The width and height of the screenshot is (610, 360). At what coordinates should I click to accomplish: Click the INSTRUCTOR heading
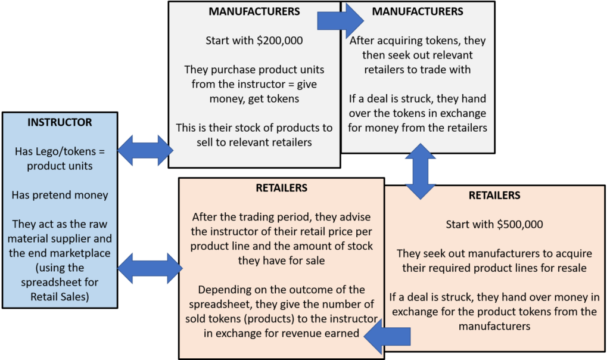pos(60,122)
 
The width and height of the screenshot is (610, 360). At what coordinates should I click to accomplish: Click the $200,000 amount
pos(280,41)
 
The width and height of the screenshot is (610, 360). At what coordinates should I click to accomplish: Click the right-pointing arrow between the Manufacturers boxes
pos(340,21)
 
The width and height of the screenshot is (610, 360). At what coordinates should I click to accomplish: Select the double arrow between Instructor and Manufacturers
pos(145,150)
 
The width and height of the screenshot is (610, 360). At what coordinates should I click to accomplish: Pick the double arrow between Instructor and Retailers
pos(150,268)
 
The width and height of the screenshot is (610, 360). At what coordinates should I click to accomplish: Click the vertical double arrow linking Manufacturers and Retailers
pos(420,171)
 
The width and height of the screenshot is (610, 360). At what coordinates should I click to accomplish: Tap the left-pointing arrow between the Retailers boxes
pos(387,336)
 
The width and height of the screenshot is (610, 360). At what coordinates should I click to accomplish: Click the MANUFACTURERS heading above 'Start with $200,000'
pos(254,11)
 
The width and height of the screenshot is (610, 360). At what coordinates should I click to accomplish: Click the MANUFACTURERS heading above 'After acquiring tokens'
pos(418,11)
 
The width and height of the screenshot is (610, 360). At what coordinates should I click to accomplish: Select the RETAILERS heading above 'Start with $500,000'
pos(494,195)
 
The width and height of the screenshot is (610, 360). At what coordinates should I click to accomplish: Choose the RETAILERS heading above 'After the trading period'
pos(282,188)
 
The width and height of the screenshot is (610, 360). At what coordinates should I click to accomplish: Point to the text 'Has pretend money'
pos(60,195)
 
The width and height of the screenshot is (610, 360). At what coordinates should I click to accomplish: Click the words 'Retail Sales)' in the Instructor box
pos(60,297)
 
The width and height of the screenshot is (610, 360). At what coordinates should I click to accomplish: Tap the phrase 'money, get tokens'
pos(254,99)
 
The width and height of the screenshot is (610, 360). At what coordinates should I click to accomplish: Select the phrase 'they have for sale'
pos(281,260)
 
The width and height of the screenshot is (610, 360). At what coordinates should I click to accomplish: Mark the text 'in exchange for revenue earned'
pos(281,334)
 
